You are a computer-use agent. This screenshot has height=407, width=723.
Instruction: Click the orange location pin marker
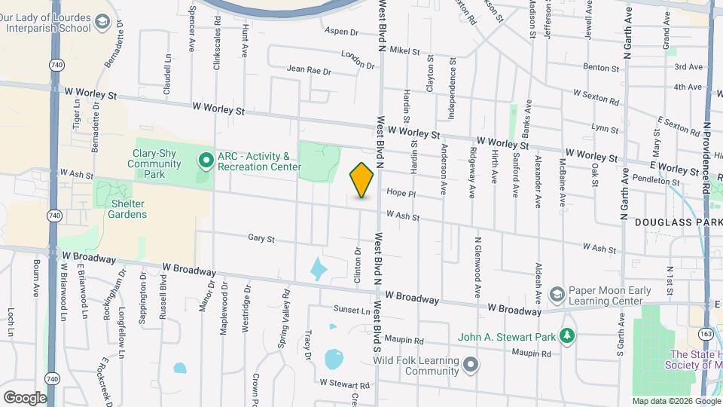point(361,180)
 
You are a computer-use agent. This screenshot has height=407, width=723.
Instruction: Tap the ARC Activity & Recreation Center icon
point(204,160)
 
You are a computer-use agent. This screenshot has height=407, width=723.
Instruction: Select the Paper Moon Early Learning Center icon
point(557,293)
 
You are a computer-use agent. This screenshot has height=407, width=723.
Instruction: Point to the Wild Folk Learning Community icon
point(471,366)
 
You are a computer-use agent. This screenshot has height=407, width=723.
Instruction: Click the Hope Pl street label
point(401,193)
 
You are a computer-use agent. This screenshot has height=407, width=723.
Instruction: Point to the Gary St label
point(261,238)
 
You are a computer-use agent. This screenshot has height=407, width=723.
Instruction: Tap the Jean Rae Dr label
point(309,70)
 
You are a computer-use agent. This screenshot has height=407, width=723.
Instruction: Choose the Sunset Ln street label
point(352,310)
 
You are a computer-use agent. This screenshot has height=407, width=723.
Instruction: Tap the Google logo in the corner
point(24,397)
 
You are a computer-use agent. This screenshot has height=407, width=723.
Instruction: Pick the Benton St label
point(601,68)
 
